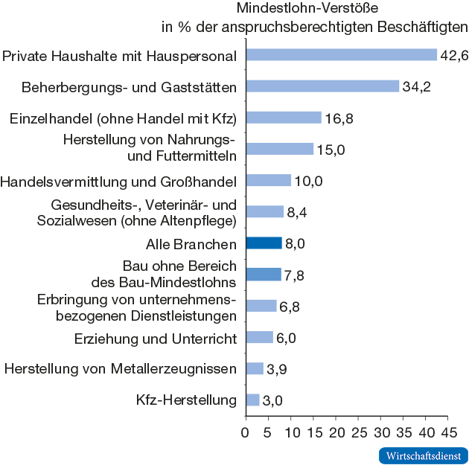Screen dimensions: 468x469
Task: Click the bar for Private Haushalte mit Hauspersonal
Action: click(x=341, y=55)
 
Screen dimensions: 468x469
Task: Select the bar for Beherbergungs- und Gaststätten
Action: click(x=322, y=86)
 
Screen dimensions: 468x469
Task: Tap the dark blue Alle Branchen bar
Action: click(x=264, y=243)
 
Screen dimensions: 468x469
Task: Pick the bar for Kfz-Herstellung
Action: click(x=252, y=400)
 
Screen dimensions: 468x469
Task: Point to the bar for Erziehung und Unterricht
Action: click(x=259, y=338)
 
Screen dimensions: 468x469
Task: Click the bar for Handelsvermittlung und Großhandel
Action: click(x=268, y=181)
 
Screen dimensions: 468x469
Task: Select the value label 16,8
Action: click(x=339, y=118)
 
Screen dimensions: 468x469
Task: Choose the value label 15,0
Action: click(x=331, y=150)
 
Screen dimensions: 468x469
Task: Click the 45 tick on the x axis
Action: click(x=448, y=432)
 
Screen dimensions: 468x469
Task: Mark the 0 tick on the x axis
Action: click(x=246, y=432)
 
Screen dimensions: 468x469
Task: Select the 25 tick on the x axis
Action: click(x=358, y=432)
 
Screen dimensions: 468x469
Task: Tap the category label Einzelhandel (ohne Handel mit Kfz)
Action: click(x=124, y=118)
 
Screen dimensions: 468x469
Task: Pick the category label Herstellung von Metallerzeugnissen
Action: click(x=121, y=369)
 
